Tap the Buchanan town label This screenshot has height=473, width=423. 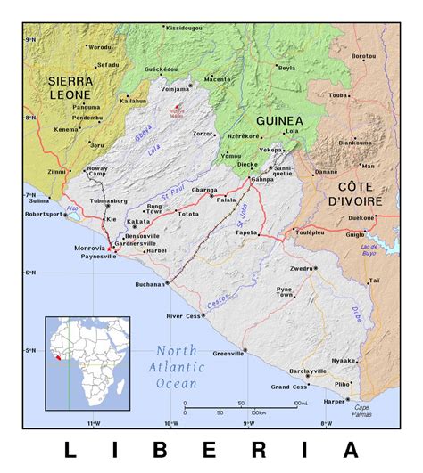pos(148,284)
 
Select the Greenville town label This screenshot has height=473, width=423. pos(228,355)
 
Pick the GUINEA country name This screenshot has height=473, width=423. pos(279,120)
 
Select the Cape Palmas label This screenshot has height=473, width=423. pos(359,411)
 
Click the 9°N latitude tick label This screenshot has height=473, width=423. pos(30,40)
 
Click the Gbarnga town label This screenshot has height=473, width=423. pos(204,190)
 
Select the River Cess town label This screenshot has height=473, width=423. pos(183,315)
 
